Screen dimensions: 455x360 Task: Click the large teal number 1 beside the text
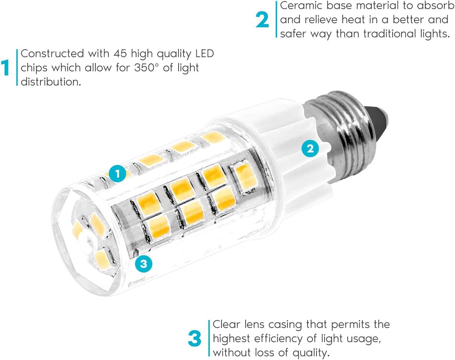click(5, 67)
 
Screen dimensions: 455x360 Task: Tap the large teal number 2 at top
click(262, 20)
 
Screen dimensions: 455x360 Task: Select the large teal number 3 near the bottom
click(195, 338)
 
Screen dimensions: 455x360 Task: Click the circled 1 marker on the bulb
click(118, 174)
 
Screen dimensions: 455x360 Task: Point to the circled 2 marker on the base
click(310, 149)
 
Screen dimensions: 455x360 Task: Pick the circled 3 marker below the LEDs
click(144, 264)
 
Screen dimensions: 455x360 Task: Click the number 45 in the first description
click(120, 53)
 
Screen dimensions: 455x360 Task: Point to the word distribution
click(51, 81)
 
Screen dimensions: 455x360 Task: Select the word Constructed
click(52, 53)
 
